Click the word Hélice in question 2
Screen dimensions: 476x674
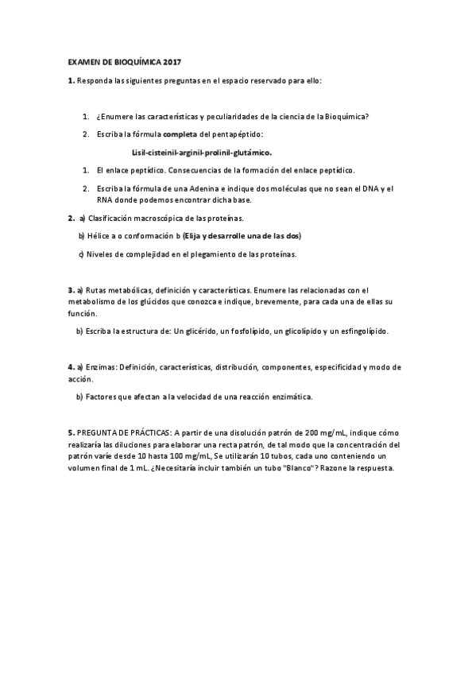click(x=100, y=236)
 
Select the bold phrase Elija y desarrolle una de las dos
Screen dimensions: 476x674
click(x=242, y=236)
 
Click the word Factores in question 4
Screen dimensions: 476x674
click(x=103, y=395)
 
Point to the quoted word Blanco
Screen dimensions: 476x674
click(x=296, y=468)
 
